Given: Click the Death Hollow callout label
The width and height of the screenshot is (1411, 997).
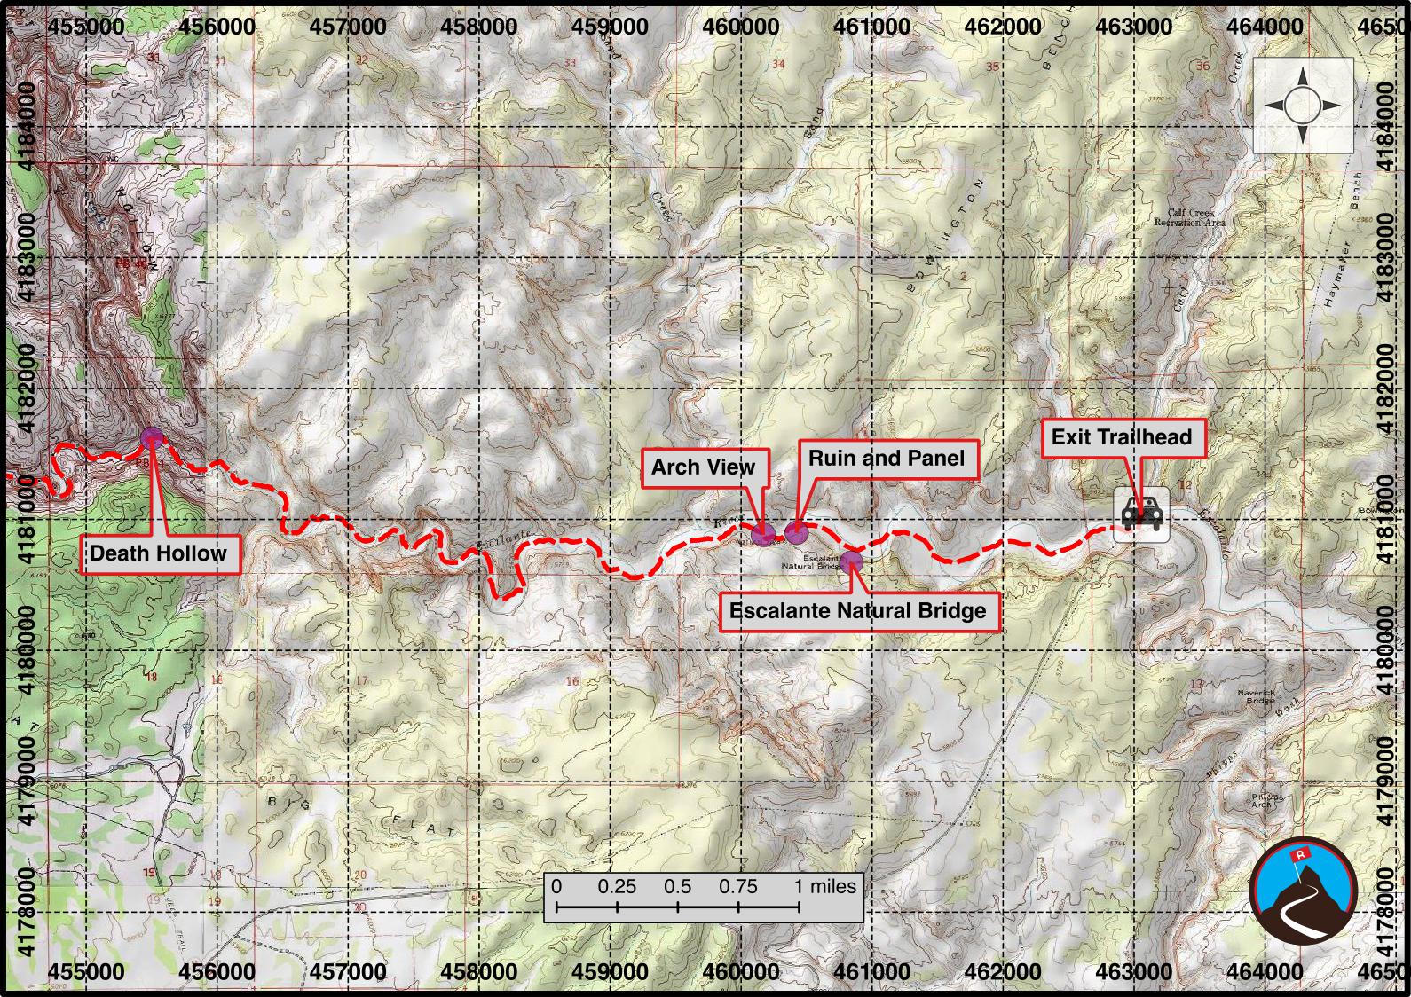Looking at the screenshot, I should [x=158, y=553].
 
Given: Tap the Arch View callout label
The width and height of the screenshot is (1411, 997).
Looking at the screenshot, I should [x=703, y=467].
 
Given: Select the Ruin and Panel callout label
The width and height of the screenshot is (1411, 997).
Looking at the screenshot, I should [x=886, y=458].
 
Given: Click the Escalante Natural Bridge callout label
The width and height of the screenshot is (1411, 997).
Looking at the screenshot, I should [x=857, y=610].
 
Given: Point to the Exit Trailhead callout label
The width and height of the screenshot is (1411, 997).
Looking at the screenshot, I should [x=1122, y=436].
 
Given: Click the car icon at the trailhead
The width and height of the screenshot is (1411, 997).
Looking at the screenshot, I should [x=1140, y=514].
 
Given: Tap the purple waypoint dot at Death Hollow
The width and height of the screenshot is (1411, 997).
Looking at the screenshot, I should [x=152, y=436].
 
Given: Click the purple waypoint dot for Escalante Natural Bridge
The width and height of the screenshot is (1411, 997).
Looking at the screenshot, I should [x=852, y=561].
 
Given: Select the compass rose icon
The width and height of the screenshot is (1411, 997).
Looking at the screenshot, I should [x=1302, y=106].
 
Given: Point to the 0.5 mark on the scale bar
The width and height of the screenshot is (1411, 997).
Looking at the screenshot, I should [x=677, y=886].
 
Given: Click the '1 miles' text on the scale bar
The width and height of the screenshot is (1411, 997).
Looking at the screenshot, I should [x=825, y=886].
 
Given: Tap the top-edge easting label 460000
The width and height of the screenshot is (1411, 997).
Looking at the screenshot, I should [x=740, y=26].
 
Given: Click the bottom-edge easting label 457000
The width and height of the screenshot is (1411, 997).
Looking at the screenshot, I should [x=348, y=971].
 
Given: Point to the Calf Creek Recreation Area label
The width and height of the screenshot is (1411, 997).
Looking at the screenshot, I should [x=1189, y=217].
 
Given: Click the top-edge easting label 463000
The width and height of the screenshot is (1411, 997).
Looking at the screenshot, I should [x=1134, y=26].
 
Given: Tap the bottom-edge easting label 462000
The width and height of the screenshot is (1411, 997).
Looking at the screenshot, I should [x=1003, y=971].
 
